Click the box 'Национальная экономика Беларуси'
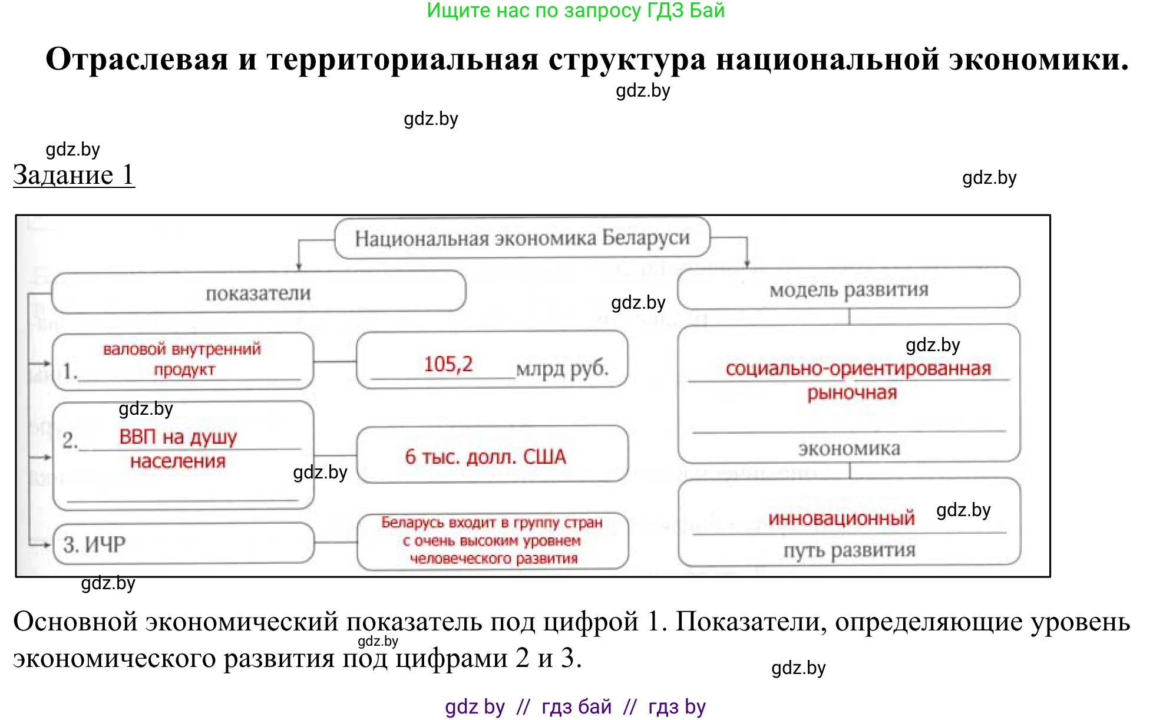[x=522, y=238]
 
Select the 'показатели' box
[x=258, y=293]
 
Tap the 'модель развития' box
[x=848, y=289]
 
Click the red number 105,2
[x=448, y=364]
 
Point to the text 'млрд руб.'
[x=562, y=368]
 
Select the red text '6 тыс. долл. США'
[x=485, y=457]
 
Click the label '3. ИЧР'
[x=94, y=544]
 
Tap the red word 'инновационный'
[x=841, y=518]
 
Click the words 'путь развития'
[x=849, y=550]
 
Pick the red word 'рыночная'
[x=852, y=393]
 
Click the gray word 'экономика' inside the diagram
[x=849, y=449]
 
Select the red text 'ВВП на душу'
[x=178, y=437]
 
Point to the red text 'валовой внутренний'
[x=181, y=349]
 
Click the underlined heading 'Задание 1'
[x=74, y=175]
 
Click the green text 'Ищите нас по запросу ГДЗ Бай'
[x=576, y=11]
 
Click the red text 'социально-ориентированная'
[x=858, y=369]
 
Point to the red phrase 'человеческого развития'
[x=493, y=559]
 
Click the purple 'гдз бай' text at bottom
[x=576, y=706]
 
